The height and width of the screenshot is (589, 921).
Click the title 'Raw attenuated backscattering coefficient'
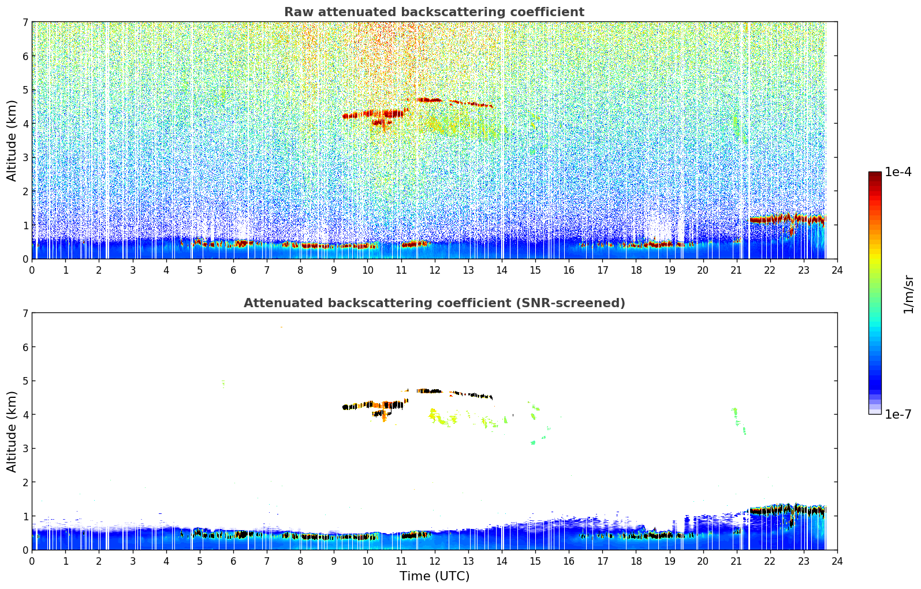(434, 12)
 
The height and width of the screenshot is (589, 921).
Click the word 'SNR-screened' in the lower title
(580, 303)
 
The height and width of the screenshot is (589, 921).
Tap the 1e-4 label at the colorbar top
(898, 172)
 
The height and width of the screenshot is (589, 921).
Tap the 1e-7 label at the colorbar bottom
(898, 414)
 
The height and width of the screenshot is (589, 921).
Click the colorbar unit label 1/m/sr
(908, 294)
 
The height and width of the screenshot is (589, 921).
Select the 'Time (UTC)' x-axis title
(434, 576)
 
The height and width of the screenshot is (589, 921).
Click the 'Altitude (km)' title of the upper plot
(12, 140)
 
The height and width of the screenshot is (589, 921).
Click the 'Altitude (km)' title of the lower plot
(12, 431)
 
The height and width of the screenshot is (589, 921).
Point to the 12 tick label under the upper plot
(434, 270)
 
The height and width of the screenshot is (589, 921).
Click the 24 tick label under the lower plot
(837, 561)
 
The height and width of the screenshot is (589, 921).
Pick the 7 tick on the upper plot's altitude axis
(25, 23)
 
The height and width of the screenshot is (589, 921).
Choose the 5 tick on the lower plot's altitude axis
(25, 381)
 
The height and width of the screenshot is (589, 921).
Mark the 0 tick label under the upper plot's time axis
(32, 270)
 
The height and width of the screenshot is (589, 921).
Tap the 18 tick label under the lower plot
(636, 561)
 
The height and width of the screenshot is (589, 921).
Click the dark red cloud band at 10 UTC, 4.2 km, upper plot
(375, 114)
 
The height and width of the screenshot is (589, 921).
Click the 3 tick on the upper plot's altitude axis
(25, 158)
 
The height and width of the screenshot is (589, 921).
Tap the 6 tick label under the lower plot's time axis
(233, 561)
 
